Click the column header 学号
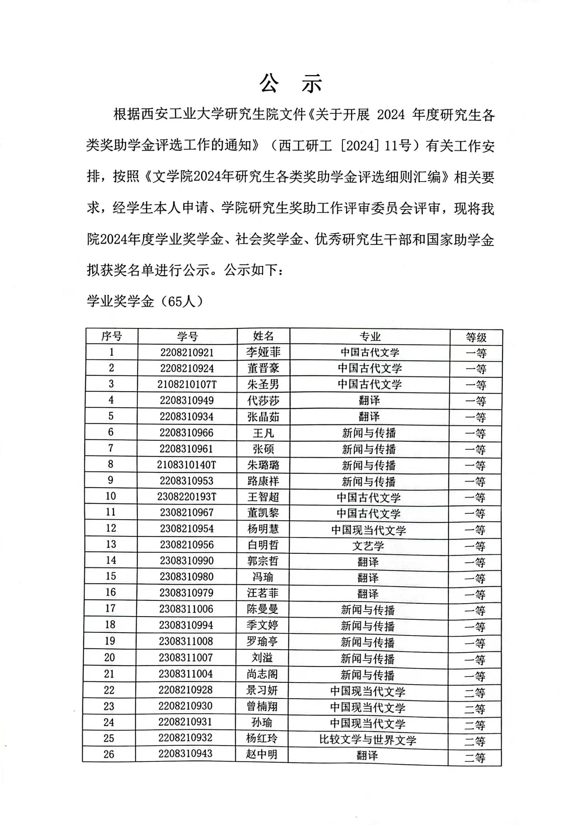coord(187,336)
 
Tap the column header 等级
coord(476,337)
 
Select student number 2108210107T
coord(187,385)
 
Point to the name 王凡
coord(263,433)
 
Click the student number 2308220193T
coord(187,497)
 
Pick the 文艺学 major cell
coord(368,546)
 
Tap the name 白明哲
coord(263,545)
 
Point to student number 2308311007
coord(186,657)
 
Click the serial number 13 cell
coord(111,544)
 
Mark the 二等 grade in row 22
coord(474,692)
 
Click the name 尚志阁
coord(262,674)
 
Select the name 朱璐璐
coord(263,465)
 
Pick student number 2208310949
coord(187,400)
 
